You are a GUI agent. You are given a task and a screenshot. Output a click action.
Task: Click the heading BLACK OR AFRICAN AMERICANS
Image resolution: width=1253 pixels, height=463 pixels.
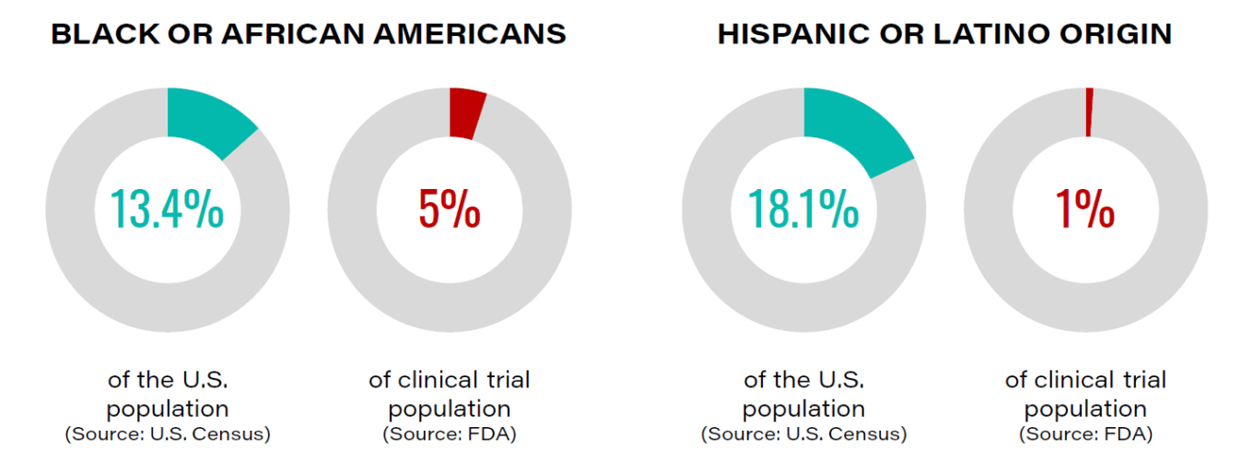(309, 34)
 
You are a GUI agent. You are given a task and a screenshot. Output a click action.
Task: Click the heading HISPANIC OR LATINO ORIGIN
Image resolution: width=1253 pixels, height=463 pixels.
(944, 34)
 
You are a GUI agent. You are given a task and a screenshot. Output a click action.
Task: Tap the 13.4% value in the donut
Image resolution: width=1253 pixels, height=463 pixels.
(167, 209)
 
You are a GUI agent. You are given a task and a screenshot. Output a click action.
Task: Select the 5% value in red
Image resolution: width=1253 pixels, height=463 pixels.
(450, 209)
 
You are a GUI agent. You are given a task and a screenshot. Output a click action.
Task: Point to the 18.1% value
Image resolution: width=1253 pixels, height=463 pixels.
(803, 209)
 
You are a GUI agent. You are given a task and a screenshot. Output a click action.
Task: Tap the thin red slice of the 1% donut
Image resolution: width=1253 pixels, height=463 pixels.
(1089, 112)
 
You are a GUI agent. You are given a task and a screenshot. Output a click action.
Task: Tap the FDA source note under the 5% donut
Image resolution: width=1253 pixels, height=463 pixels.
(450, 433)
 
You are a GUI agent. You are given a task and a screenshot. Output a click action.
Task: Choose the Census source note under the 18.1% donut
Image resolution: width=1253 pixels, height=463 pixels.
(803, 433)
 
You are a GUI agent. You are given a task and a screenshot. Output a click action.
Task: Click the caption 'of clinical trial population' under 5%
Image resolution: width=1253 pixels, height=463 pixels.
(450, 394)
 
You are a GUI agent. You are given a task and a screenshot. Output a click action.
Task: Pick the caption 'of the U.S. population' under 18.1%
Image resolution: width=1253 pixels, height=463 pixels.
(803, 394)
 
